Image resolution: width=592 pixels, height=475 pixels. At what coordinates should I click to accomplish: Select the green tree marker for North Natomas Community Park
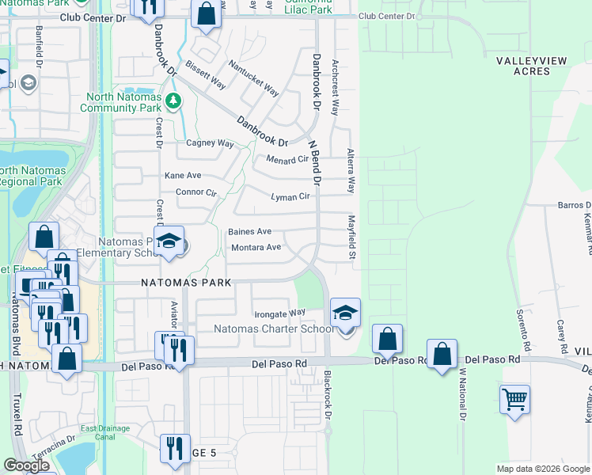click(x=174, y=101)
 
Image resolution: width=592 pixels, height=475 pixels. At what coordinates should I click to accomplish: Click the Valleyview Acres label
click(x=522, y=66)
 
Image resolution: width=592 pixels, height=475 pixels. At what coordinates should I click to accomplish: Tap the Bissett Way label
click(x=207, y=74)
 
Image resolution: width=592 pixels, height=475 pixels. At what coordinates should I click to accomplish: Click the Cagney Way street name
click(x=210, y=143)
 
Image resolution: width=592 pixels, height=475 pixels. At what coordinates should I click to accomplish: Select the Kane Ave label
click(x=183, y=175)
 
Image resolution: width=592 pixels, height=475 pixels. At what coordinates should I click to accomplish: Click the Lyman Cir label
click(x=290, y=196)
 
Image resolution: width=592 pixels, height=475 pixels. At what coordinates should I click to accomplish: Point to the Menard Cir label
click(x=287, y=159)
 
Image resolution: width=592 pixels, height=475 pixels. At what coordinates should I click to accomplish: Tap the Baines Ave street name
click(x=250, y=231)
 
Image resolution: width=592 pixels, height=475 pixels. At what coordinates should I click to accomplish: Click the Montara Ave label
click(x=256, y=247)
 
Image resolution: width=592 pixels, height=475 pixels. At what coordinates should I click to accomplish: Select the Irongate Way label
click(x=280, y=313)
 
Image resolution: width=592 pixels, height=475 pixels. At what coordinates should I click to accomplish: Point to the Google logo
click(x=27, y=465)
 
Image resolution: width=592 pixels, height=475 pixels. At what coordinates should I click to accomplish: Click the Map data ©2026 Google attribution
click(x=542, y=469)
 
